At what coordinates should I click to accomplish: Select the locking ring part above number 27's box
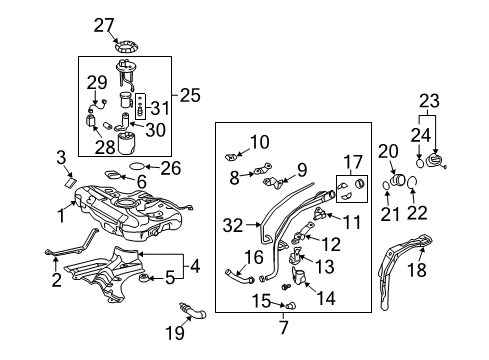[129, 45]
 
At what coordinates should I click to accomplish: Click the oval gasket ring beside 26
[143, 167]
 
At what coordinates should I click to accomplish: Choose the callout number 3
[61, 156]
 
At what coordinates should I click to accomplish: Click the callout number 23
[429, 100]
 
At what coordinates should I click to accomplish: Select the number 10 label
[259, 141]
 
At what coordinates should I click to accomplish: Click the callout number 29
[95, 81]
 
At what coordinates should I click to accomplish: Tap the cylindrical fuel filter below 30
[130, 142]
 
